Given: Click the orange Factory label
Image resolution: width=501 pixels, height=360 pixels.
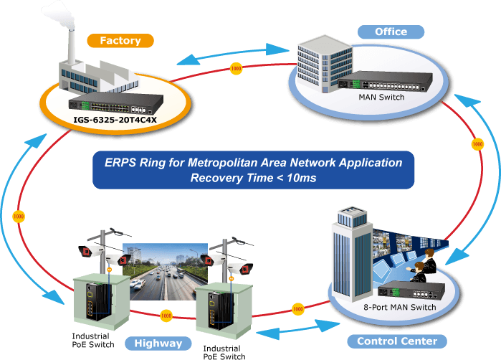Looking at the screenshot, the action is point(120,41).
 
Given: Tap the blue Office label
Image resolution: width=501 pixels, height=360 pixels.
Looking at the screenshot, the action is point(391,32).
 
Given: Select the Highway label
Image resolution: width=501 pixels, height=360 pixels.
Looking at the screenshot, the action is point(158,344).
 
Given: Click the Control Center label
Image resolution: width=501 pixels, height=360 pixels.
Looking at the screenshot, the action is point(397,341).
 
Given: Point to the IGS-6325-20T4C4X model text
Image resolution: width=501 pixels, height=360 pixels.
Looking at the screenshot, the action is point(115,120).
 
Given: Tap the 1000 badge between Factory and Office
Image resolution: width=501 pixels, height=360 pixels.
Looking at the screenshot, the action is point(236,68).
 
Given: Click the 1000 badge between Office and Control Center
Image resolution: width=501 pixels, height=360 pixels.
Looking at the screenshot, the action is point(477,144).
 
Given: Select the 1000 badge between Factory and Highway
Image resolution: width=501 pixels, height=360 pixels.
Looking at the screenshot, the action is point(19,217).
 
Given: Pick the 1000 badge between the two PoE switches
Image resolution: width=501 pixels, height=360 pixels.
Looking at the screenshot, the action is point(166,316).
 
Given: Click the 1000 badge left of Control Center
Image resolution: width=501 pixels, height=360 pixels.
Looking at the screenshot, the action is point(297,309).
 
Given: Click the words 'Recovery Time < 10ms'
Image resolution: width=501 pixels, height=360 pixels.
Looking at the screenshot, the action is point(253,178).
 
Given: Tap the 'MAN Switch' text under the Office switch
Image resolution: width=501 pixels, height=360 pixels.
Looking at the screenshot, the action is point(381,98).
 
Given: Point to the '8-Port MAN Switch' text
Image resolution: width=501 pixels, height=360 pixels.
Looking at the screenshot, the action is point(400,307).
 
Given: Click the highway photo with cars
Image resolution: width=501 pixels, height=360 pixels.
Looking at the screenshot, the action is point(166,272).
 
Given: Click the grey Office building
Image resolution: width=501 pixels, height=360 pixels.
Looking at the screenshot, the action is point(325,64).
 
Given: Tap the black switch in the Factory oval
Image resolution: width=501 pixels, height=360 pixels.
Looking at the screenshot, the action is point(115,103).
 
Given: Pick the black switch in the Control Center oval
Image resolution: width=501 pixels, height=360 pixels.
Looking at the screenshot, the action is point(411,290).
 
